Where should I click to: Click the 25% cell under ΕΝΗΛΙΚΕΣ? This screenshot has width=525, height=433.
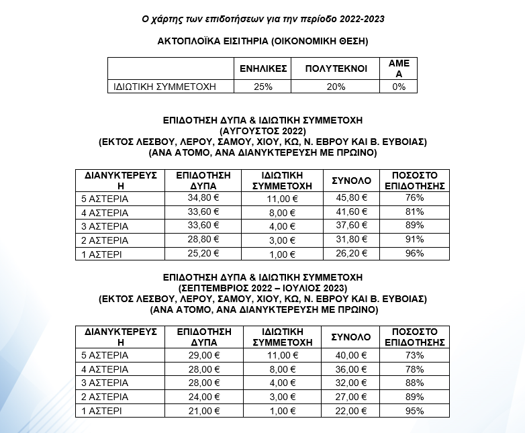[263, 87]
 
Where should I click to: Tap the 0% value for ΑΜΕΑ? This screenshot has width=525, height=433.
[399, 87]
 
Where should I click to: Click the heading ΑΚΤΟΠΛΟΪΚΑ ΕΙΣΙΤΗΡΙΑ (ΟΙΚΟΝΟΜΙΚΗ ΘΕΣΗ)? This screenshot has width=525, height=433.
[262, 41]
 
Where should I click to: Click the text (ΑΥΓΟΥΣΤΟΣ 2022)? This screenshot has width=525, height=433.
[262, 130]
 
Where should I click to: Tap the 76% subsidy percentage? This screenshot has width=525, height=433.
[414, 198]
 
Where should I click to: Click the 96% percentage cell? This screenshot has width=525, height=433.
[414, 254]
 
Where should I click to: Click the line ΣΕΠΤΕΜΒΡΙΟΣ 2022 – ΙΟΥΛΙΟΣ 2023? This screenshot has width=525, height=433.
[262, 287]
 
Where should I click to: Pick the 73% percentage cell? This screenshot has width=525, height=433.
[414, 354]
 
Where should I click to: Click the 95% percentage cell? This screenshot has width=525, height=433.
[414, 410]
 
